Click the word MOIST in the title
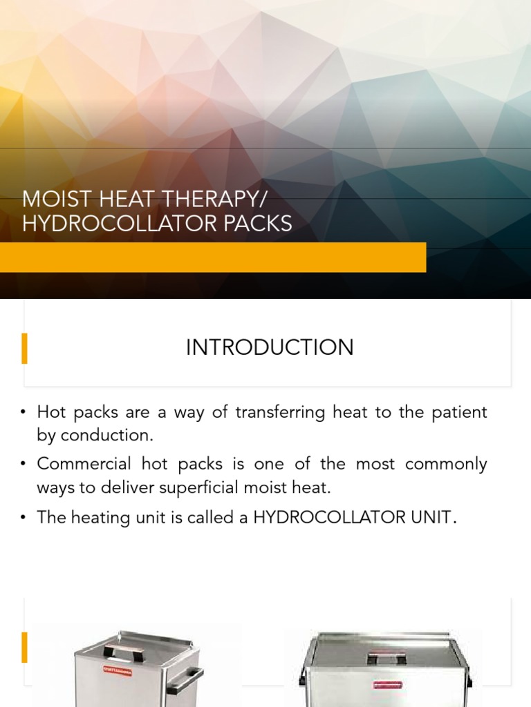point(49,200)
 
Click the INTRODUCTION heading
point(270,347)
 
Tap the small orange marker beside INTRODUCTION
point(25,348)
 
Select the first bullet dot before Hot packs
point(23,413)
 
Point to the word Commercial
point(84,464)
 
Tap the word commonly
point(446,464)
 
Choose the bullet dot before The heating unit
point(23,518)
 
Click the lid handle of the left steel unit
point(123,651)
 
